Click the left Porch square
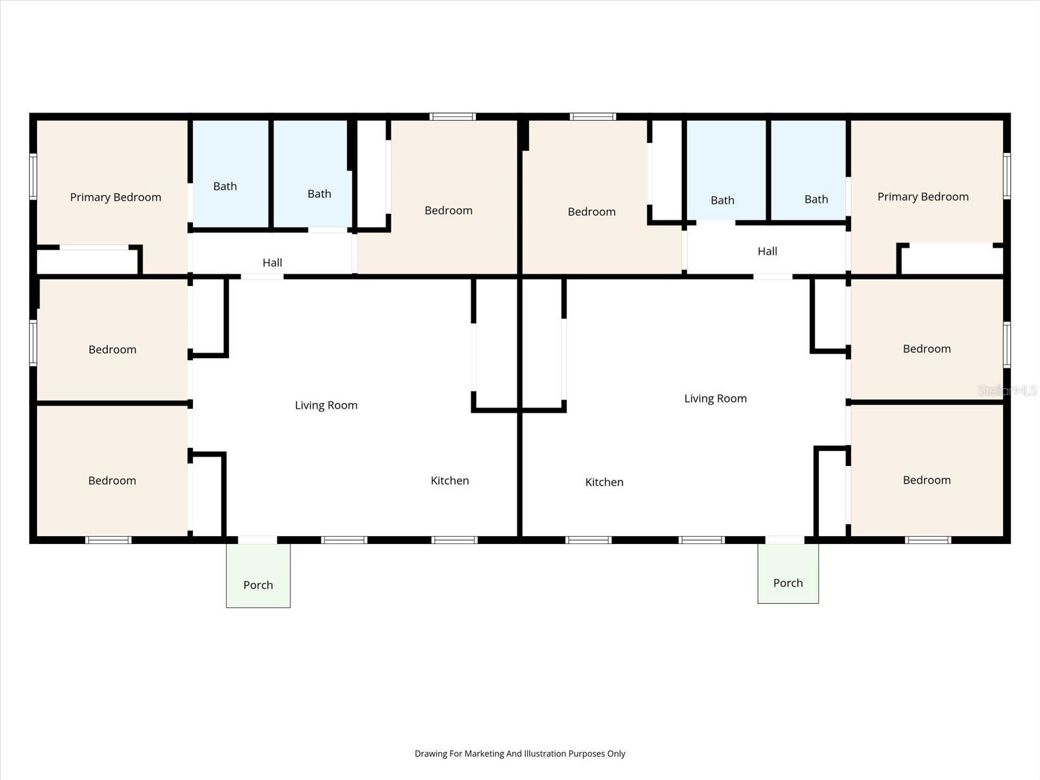click(x=258, y=576)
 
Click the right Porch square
click(x=788, y=573)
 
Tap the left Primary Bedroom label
click(x=116, y=197)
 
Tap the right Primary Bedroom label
click(x=923, y=196)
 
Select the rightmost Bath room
click(x=809, y=170)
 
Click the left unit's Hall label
click(x=272, y=263)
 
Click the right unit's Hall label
click(x=767, y=251)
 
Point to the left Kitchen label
click(x=450, y=480)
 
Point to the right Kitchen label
click(x=604, y=482)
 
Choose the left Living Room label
click(x=326, y=405)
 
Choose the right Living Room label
click(x=715, y=398)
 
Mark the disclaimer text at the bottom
click(x=520, y=753)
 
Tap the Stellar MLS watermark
click(x=1007, y=390)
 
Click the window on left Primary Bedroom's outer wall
click(x=33, y=175)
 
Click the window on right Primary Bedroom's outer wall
click(x=1007, y=175)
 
